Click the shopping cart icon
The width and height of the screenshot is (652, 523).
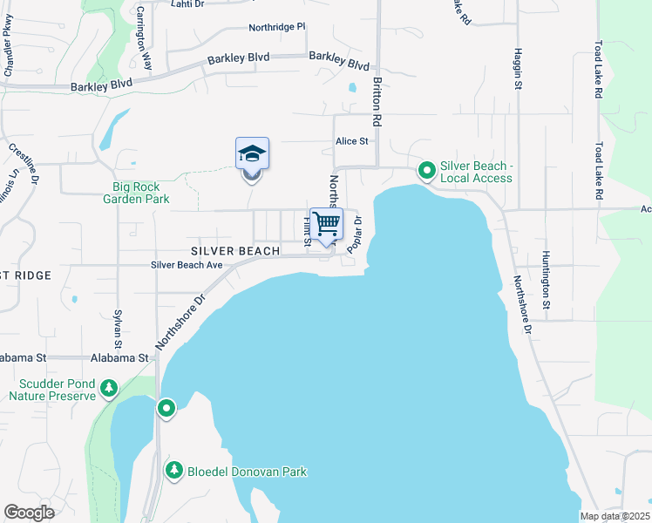click(x=327, y=223)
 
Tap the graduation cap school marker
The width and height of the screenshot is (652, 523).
click(x=252, y=154)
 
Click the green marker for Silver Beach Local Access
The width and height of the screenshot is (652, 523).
click(x=427, y=170)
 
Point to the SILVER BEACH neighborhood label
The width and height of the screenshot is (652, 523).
click(x=236, y=251)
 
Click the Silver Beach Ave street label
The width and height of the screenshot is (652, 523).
click(x=187, y=264)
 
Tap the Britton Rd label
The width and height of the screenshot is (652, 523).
click(x=377, y=98)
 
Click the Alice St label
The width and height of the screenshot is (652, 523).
click(x=353, y=140)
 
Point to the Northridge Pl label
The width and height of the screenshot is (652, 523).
click(x=277, y=27)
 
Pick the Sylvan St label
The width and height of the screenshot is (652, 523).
click(x=117, y=329)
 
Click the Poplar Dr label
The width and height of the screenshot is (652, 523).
click(x=355, y=235)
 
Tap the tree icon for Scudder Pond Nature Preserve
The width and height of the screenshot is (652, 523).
click(x=109, y=387)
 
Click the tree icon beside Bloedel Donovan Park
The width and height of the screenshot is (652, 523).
click(x=174, y=471)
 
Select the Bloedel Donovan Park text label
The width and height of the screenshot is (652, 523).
click(x=247, y=472)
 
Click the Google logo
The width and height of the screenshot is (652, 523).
click(x=29, y=513)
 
